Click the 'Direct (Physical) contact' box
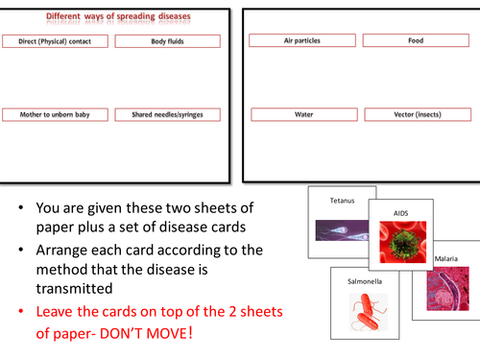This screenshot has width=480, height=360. click(55, 41)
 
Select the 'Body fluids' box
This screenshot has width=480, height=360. click(168, 41)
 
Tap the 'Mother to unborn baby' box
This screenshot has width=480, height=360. click(55, 114)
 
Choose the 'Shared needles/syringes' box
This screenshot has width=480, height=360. click(168, 114)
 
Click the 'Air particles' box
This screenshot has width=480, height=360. click(302, 40)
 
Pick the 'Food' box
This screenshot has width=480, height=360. click(416, 40)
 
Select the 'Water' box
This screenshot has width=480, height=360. click(304, 114)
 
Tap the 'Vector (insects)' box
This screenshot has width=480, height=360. click(418, 114)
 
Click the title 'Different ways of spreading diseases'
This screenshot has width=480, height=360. click(118, 16)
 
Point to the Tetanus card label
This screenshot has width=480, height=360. click(343, 201)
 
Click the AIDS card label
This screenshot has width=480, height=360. click(401, 213)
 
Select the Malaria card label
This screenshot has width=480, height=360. click(446, 258)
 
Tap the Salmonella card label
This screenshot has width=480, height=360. click(365, 281)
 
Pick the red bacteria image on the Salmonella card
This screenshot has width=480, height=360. click(368, 312)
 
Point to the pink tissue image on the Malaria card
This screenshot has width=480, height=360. click(448, 289)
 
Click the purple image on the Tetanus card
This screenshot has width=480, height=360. click(342, 230)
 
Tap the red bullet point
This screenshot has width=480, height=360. click(21, 311)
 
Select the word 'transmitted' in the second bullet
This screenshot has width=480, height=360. click(74, 289)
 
